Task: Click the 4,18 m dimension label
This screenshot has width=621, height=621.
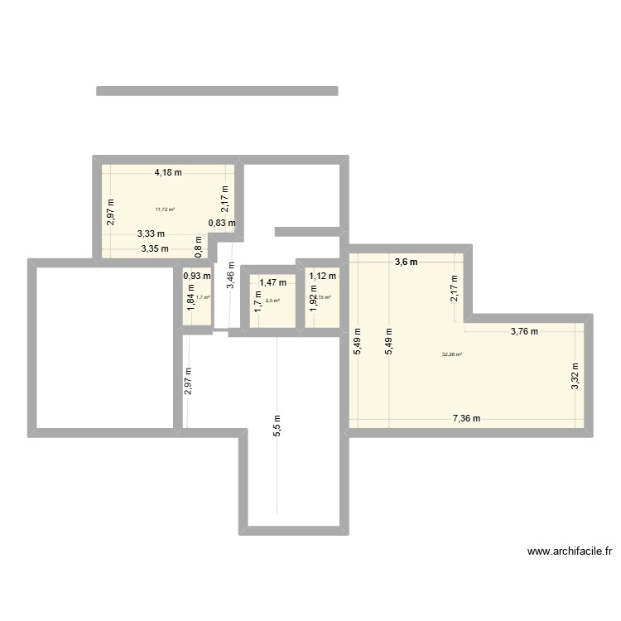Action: (x=167, y=173)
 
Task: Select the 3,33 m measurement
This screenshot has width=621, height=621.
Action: (x=151, y=234)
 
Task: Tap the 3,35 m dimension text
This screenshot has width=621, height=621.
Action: (x=155, y=248)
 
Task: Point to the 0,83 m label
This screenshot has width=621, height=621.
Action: (x=221, y=223)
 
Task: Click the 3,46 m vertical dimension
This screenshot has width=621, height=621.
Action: (x=231, y=274)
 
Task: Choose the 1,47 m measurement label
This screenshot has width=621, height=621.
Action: (x=272, y=283)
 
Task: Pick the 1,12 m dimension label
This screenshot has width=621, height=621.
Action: (x=323, y=277)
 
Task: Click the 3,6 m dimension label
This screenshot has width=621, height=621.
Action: (x=406, y=262)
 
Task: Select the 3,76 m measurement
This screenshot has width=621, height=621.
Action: (x=523, y=332)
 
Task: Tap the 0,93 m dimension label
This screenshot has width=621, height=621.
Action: (x=197, y=276)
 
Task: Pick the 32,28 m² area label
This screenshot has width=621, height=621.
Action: (x=451, y=354)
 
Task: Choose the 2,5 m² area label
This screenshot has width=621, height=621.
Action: (x=272, y=301)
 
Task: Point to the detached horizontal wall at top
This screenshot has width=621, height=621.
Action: (x=217, y=91)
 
